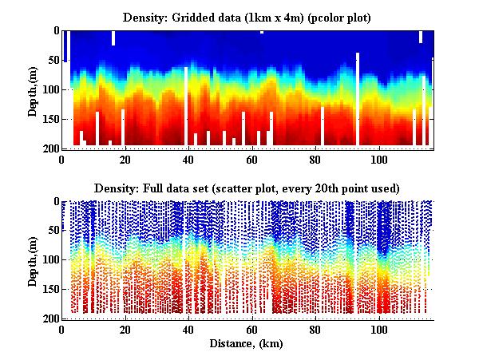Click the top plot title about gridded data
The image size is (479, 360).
246,17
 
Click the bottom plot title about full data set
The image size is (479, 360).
246,188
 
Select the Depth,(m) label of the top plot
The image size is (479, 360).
33,89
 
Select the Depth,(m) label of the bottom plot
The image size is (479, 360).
33,260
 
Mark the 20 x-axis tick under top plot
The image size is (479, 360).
125,159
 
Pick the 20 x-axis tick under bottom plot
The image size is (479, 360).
125,330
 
